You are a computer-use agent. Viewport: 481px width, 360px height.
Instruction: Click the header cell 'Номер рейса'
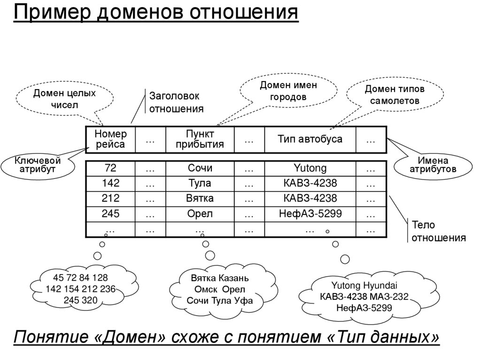pyautogui.click(x=111, y=139)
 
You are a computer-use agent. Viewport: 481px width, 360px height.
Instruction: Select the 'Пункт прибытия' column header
pyautogui.click(x=200, y=139)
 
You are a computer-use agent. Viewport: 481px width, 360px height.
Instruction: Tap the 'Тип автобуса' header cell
pyautogui.click(x=310, y=139)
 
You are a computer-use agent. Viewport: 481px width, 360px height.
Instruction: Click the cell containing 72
pyautogui.click(x=111, y=168)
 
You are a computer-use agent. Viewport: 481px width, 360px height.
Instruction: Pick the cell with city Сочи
pyautogui.click(x=200, y=168)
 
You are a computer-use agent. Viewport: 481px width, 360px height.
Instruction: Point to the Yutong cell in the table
pyautogui.click(x=310, y=168)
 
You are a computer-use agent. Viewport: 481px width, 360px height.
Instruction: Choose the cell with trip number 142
pyautogui.click(x=111, y=183)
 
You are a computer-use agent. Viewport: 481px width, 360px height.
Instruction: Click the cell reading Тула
pyautogui.click(x=200, y=183)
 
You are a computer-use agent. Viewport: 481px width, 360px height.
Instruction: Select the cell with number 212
pyautogui.click(x=111, y=199)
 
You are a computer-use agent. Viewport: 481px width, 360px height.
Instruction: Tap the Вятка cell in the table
pyautogui.click(x=200, y=199)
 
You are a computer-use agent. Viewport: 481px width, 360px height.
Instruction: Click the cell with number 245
pyautogui.click(x=111, y=214)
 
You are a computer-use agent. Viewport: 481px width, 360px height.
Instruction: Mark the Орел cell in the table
pyautogui.click(x=200, y=214)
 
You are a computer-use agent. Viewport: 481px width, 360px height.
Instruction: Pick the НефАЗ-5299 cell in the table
pyautogui.click(x=310, y=214)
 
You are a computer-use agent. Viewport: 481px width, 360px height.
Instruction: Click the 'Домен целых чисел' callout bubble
pyautogui.click(x=64, y=99)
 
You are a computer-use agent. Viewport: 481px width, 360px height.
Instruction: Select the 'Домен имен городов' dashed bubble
pyautogui.click(x=288, y=91)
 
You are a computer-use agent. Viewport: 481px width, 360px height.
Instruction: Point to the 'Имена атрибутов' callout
pyautogui.click(x=433, y=165)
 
